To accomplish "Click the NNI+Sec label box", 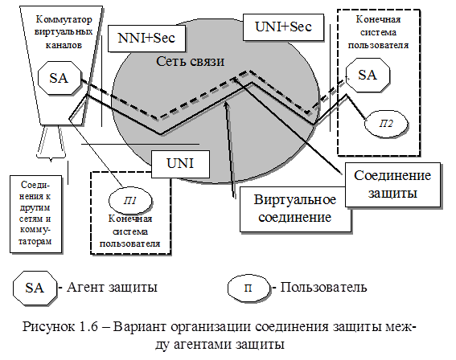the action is click(146, 39).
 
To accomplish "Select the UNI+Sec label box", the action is click(283, 27).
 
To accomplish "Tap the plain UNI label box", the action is click(180, 164).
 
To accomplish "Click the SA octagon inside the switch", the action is click(60, 78).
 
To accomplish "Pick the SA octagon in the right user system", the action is click(368, 75).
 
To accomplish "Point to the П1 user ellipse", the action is click(130, 201).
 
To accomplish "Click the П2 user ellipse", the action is click(386, 124).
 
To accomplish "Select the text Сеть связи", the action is click(190, 61).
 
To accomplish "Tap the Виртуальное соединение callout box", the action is click(295, 209).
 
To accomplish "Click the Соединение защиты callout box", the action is click(392, 185).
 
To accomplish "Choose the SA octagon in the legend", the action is click(35, 288).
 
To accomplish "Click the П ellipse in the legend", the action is click(249, 288).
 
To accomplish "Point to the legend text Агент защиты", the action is click(112, 287).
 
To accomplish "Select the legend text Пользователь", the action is click(323, 287).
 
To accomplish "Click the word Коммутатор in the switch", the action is click(64, 19).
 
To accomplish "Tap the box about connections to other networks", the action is click(35, 214).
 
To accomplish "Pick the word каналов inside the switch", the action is click(64, 45).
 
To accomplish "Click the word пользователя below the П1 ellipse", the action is click(130, 243).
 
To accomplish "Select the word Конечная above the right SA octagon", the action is click(378, 19).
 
